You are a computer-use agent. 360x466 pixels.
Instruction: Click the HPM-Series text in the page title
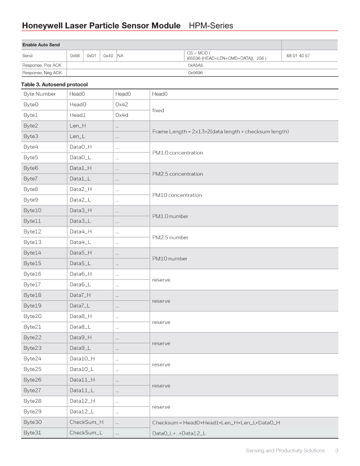[211, 26]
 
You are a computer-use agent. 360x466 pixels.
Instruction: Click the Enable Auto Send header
[41, 45]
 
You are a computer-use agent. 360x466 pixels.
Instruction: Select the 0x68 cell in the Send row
[75, 56]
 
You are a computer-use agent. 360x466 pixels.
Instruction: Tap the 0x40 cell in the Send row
[108, 56]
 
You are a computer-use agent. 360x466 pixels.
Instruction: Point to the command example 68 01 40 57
[298, 56]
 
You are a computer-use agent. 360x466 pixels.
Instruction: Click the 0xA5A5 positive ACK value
[195, 65]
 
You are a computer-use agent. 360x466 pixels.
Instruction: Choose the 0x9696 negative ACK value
[195, 72]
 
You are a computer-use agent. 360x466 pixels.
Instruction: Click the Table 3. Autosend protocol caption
[54, 85]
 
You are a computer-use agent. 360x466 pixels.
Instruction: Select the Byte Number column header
[40, 94]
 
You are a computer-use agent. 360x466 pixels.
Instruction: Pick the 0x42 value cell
[123, 105]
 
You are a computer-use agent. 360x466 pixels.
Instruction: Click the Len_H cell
[78, 126]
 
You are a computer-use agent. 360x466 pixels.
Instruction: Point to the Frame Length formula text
[220, 132]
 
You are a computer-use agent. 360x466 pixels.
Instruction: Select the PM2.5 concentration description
[177, 174]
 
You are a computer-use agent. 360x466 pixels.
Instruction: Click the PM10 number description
[170, 259]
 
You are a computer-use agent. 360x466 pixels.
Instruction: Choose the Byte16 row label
[32, 274]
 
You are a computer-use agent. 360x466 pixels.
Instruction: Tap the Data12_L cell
[82, 412]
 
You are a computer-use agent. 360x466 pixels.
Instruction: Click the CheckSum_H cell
[86, 422]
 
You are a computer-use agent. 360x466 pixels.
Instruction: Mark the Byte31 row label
[32, 433]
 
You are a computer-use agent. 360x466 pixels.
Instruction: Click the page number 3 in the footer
[337, 451]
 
